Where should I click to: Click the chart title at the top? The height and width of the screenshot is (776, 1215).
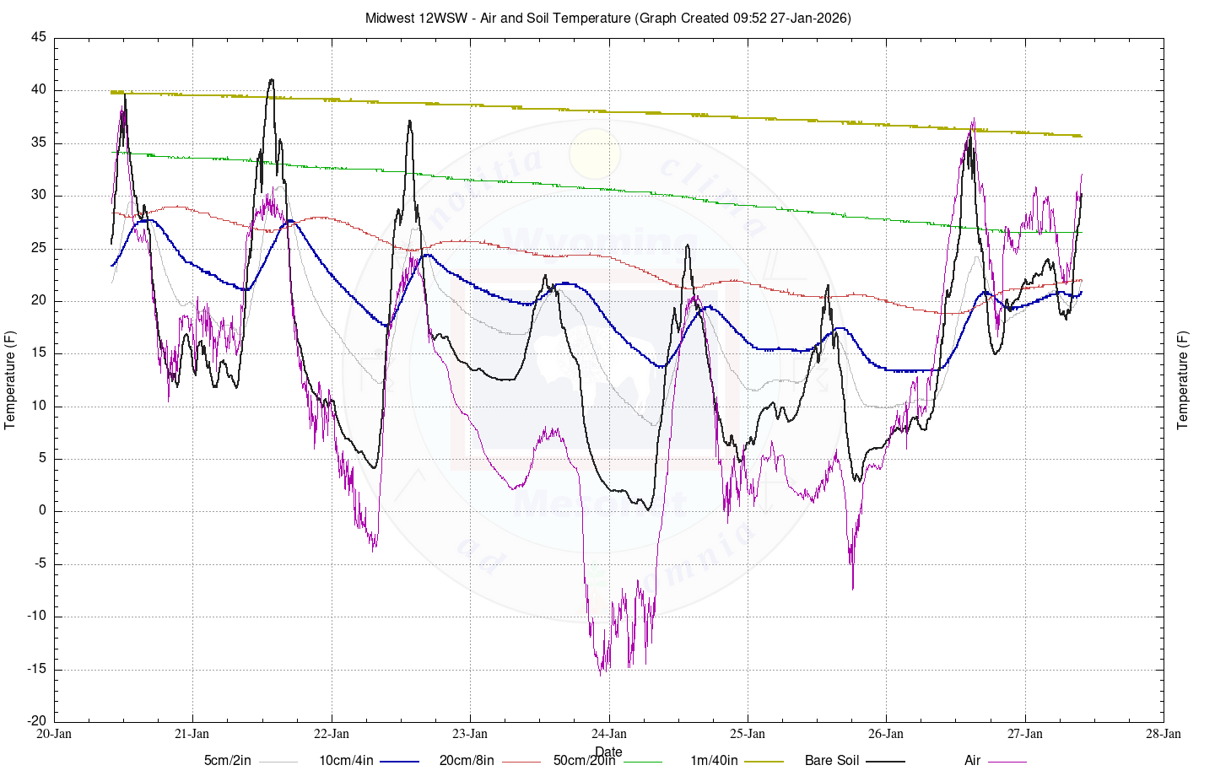(607, 18)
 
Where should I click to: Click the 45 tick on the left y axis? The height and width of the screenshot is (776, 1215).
(39, 38)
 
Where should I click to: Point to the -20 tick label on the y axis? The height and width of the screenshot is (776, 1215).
(36, 721)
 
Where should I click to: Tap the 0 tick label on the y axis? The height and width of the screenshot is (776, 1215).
(43, 511)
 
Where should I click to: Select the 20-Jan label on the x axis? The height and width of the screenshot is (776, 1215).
(54, 734)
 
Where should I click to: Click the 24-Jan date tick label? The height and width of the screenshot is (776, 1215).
(608, 734)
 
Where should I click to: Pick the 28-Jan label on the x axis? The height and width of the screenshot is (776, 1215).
(1164, 734)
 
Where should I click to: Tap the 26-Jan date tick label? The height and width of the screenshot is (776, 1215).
(886, 734)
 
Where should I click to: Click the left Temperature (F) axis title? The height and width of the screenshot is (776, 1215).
(11, 380)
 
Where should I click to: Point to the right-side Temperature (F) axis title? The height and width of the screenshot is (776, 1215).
(1183, 380)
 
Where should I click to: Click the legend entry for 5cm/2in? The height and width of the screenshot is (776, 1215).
(228, 761)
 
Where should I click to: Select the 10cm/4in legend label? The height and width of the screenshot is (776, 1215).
(346, 761)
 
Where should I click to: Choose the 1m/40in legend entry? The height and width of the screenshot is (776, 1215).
(714, 761)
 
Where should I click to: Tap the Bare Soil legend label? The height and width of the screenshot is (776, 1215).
(832, 761)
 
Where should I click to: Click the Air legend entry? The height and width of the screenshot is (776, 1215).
(972, 761)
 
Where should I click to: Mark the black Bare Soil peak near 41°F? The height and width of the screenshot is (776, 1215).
(271, 80)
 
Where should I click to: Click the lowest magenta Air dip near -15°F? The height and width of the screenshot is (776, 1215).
(601, 674)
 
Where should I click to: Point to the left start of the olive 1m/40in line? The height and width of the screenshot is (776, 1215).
(112, 92)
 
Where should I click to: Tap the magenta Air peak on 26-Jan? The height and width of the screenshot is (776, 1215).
(974, 120)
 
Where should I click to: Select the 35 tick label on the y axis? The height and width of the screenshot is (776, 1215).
(39, 143)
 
